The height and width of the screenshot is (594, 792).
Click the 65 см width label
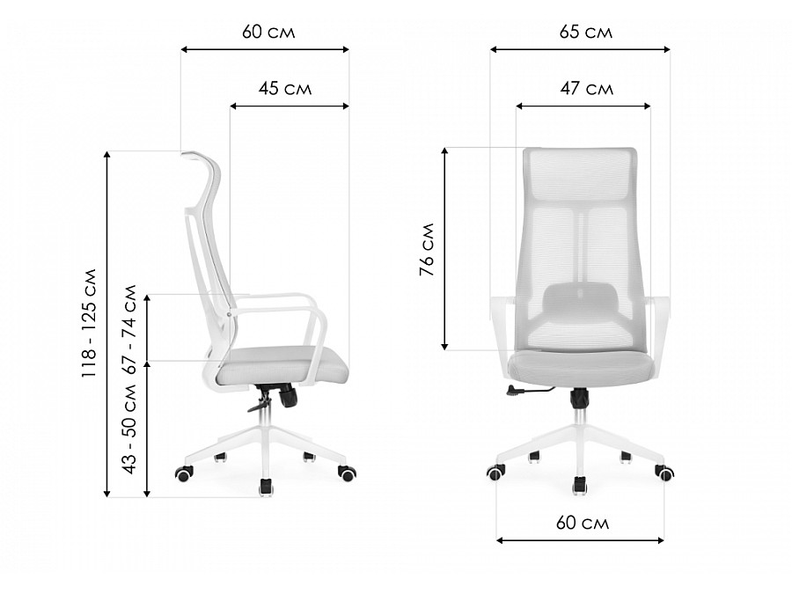pos(586,32)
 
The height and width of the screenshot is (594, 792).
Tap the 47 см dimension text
pos(586,89)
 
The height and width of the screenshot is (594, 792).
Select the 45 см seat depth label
pos(285,89)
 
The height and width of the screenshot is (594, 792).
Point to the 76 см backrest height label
pos(428,249)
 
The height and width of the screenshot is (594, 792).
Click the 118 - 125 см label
pos(90,323)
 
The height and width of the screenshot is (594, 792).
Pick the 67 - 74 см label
pos(130,329)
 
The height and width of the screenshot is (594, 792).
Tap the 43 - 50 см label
pos(130,429)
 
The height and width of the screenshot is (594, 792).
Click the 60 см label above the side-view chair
pos(268,32)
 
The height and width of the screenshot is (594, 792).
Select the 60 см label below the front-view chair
pos(583,523)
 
